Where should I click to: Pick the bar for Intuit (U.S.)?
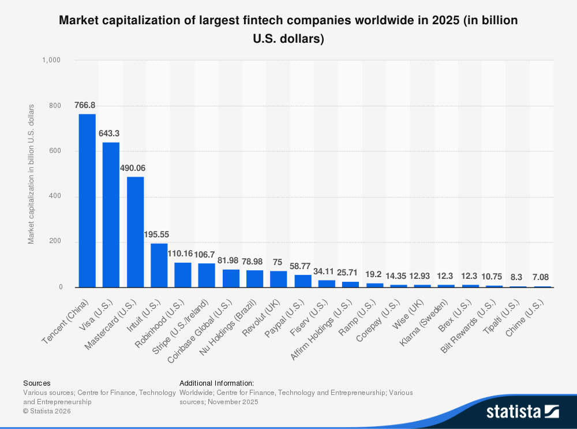tap(159, 265)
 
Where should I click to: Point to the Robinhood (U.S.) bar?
tap(183, 275)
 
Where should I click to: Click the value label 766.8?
tap(85, 105)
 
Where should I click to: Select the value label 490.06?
tap(133, 168)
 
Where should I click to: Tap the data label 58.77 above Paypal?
tap(300, 266)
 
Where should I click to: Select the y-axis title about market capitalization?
tap(31, 174)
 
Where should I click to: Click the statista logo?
tap(522, 411)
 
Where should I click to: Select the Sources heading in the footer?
tap(36, 383)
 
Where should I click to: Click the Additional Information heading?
tap(216, 383)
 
